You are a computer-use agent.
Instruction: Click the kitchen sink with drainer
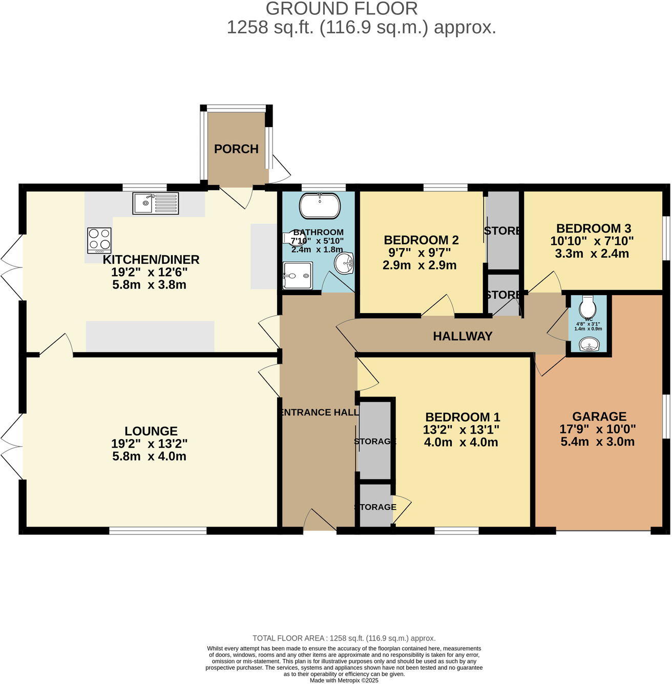[x=156, y=203]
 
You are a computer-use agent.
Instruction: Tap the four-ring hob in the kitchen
[x=99, y=240]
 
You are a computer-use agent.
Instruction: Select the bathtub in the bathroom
[x=320, y=205]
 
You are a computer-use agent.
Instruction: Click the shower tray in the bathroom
[x=297, y=276]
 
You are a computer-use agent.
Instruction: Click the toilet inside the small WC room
[x=587, y=307]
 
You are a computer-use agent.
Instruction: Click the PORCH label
[x=236, y=149]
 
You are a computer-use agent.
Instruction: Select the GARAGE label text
[x=599, y=417]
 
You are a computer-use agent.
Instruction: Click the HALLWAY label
[x=463, y=336]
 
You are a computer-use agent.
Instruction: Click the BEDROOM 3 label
[x=593, y=229]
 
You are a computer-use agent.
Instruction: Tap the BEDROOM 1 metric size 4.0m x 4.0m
[x=461, y=442]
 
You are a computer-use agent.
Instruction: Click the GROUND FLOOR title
[x=342, y=9]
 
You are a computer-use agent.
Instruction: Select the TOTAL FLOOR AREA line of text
[x=344, y=638]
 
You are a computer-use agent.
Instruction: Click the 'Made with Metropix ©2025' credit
[x=344, y=680]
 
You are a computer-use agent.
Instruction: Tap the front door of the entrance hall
[x=320, y=523]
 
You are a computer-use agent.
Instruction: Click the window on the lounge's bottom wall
[x=158, y=531]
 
